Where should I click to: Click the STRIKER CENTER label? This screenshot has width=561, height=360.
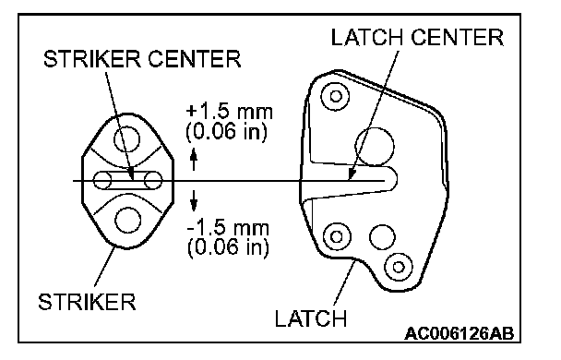[x=142, y=59]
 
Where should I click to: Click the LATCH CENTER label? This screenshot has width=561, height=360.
[x=417, y=37]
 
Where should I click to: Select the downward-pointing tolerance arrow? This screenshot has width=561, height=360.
[x=194, y=200]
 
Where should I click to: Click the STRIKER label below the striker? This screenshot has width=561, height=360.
[x=87, y=302]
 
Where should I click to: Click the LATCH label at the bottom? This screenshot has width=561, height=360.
[x=311, y=318]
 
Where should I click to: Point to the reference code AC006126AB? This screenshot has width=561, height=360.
[x=459, y=333]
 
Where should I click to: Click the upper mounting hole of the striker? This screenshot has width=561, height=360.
[x=127, y=139]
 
